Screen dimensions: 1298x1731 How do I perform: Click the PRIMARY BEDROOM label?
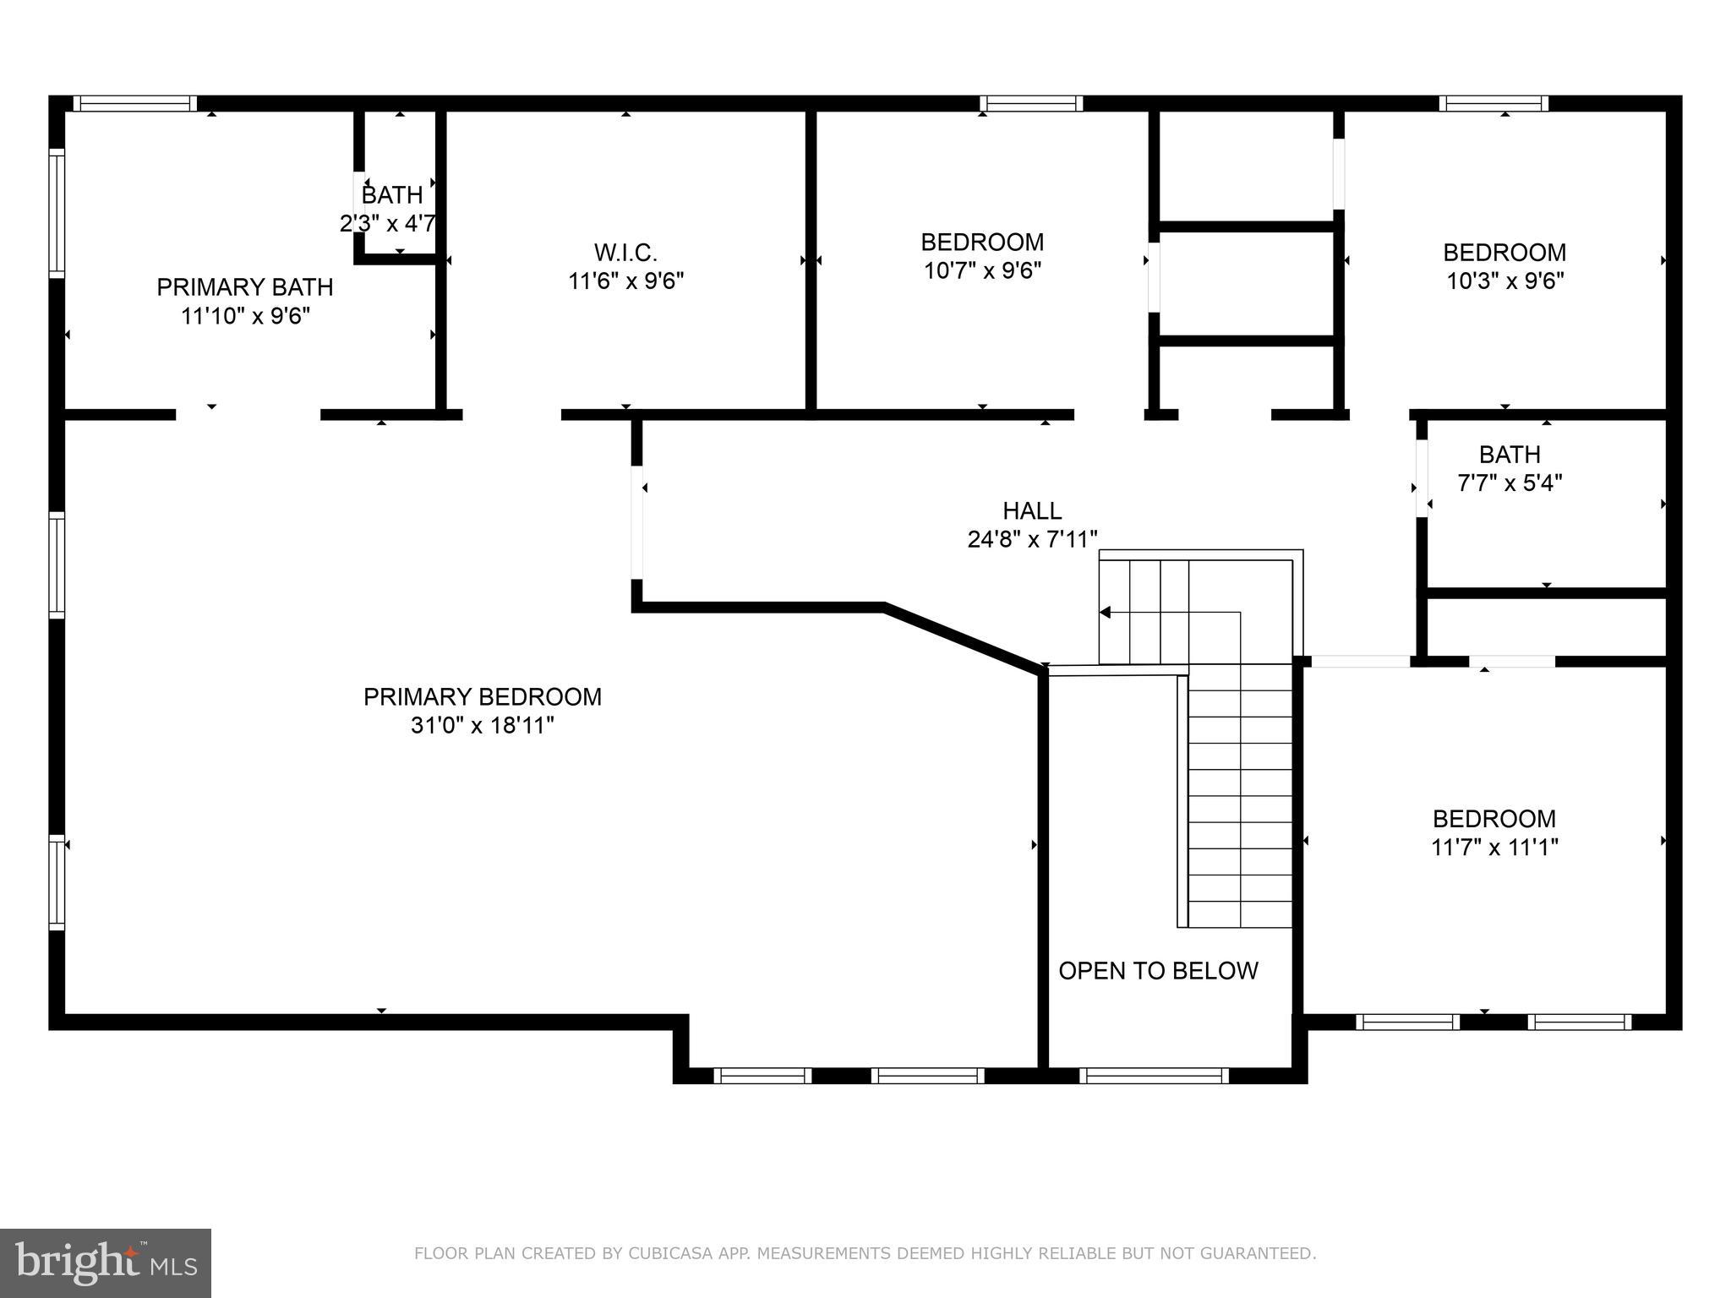(482, 697)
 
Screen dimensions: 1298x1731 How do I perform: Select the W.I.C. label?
(625, 253)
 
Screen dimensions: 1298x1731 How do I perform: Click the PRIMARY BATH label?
(245, 287)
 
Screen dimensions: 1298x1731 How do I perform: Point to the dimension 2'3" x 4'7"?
(388, 224)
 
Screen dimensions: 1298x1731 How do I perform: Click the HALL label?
(1032, 510)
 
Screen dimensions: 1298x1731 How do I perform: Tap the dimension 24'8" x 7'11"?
(1032, 539)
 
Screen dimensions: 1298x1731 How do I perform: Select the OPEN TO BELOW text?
(1158, 971)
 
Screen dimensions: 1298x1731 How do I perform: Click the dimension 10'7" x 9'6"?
(982, 271)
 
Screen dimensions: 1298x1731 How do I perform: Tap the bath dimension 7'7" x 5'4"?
(1510, 483)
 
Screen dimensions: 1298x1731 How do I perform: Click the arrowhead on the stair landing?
(1105, 613)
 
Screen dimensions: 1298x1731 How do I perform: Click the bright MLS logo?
(106, 1263)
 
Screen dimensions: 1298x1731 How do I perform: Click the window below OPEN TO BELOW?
(1154, 1076)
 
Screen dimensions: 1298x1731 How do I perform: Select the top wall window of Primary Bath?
(134, 103)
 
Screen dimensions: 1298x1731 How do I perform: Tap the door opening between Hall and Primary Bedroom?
(637, 522)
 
